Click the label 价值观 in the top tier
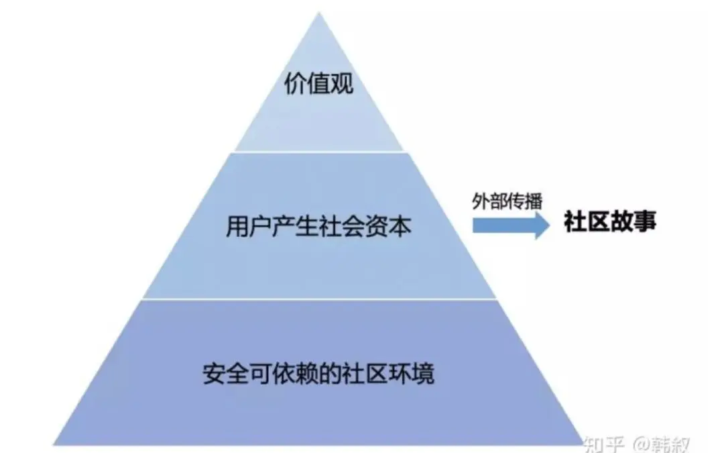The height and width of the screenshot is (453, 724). coord(318,86)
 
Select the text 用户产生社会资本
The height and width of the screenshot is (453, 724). coord(318,228)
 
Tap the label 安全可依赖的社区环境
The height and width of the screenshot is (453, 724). coord(318,373)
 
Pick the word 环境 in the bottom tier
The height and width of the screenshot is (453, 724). coord(414,373)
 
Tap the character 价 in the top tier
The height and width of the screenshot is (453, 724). coord(294,86)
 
